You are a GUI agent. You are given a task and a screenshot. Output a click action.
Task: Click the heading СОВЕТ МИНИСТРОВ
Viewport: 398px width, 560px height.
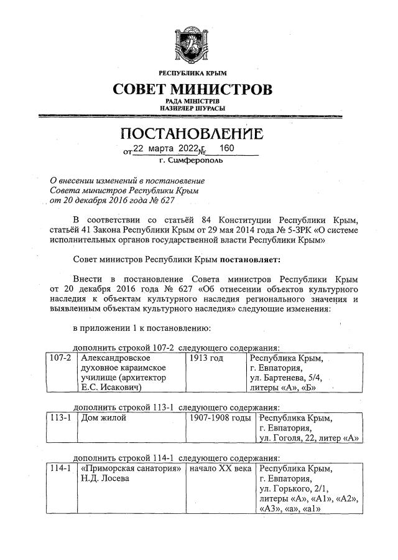click(x=193, y=89)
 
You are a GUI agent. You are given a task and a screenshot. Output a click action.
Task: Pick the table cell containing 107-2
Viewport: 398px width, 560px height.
click(x=59, y=359)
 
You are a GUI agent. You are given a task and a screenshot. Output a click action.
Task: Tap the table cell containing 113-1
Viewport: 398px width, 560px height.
click(x=59, y=419)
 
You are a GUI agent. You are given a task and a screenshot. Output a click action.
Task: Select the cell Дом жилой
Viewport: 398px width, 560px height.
click(x=103, y=419)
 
